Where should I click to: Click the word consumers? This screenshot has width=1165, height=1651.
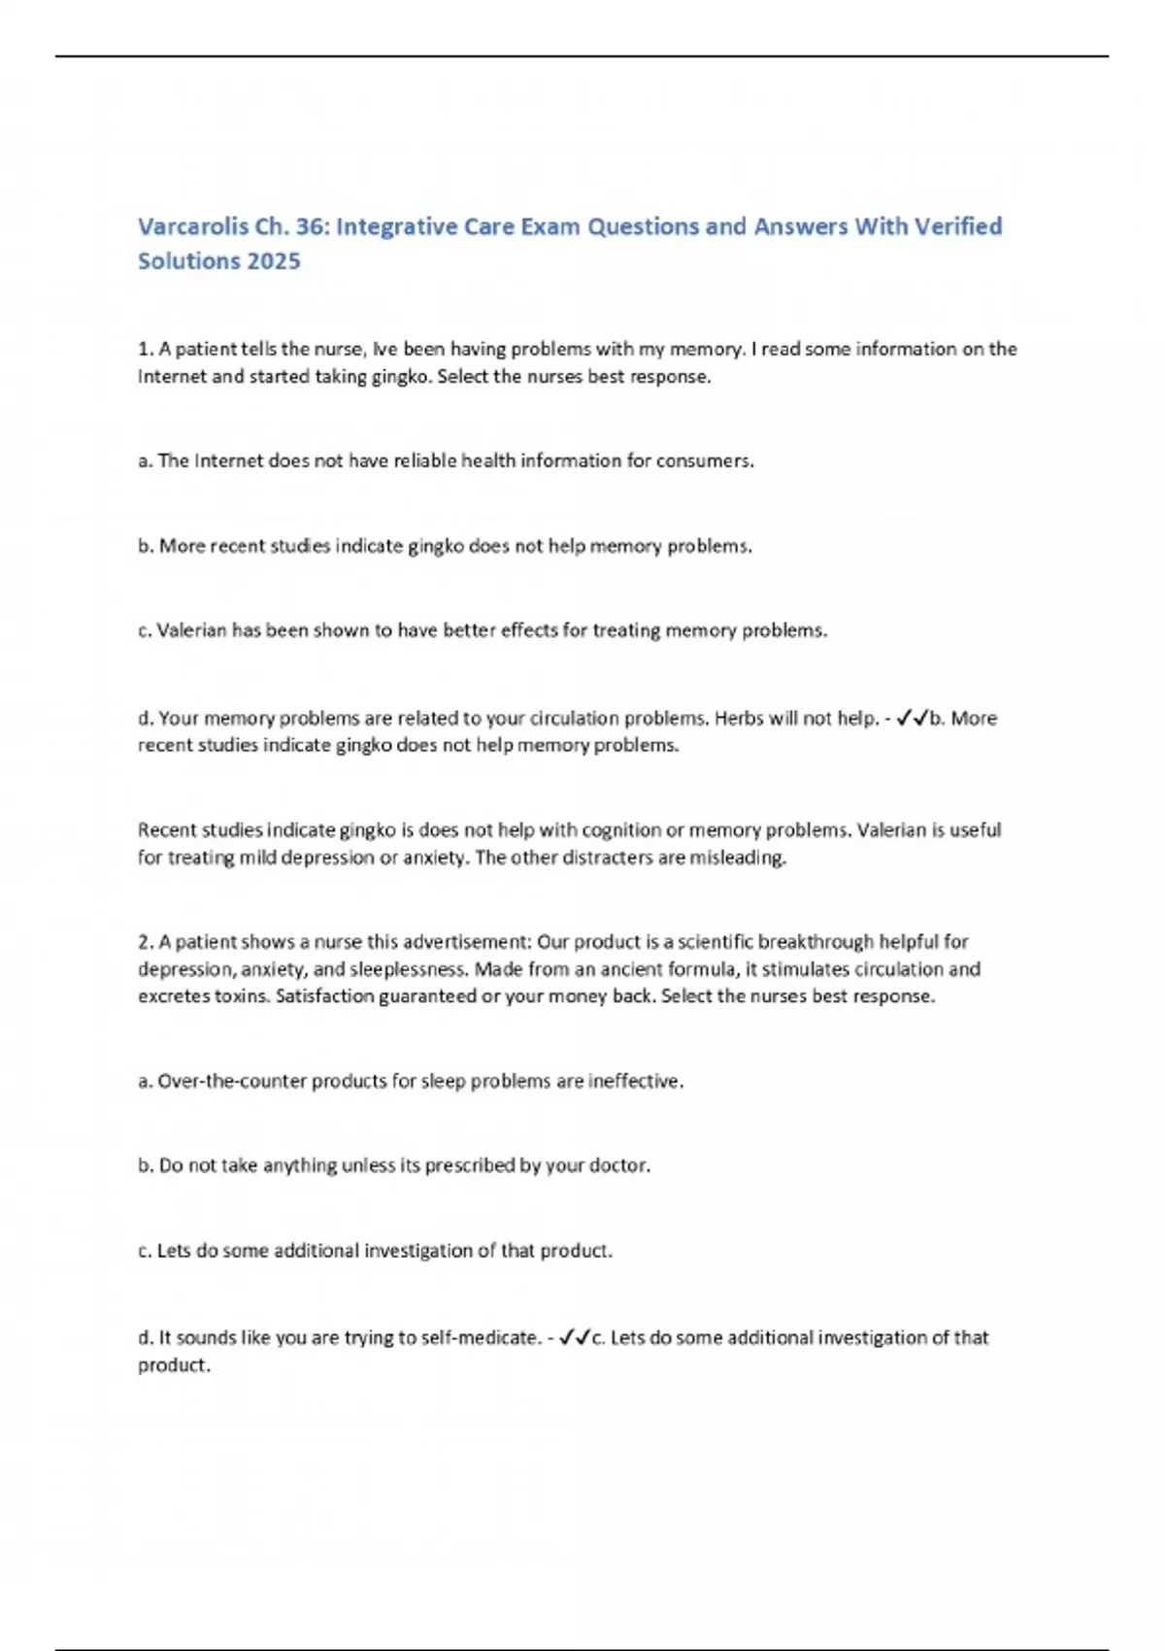pyautogui.click(x=705, y=461)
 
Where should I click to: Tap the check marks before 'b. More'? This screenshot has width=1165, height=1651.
pyautogui.click(x=913, y=719)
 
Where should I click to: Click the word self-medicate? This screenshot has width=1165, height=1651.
pyautogui.click(x=483, y=1337)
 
